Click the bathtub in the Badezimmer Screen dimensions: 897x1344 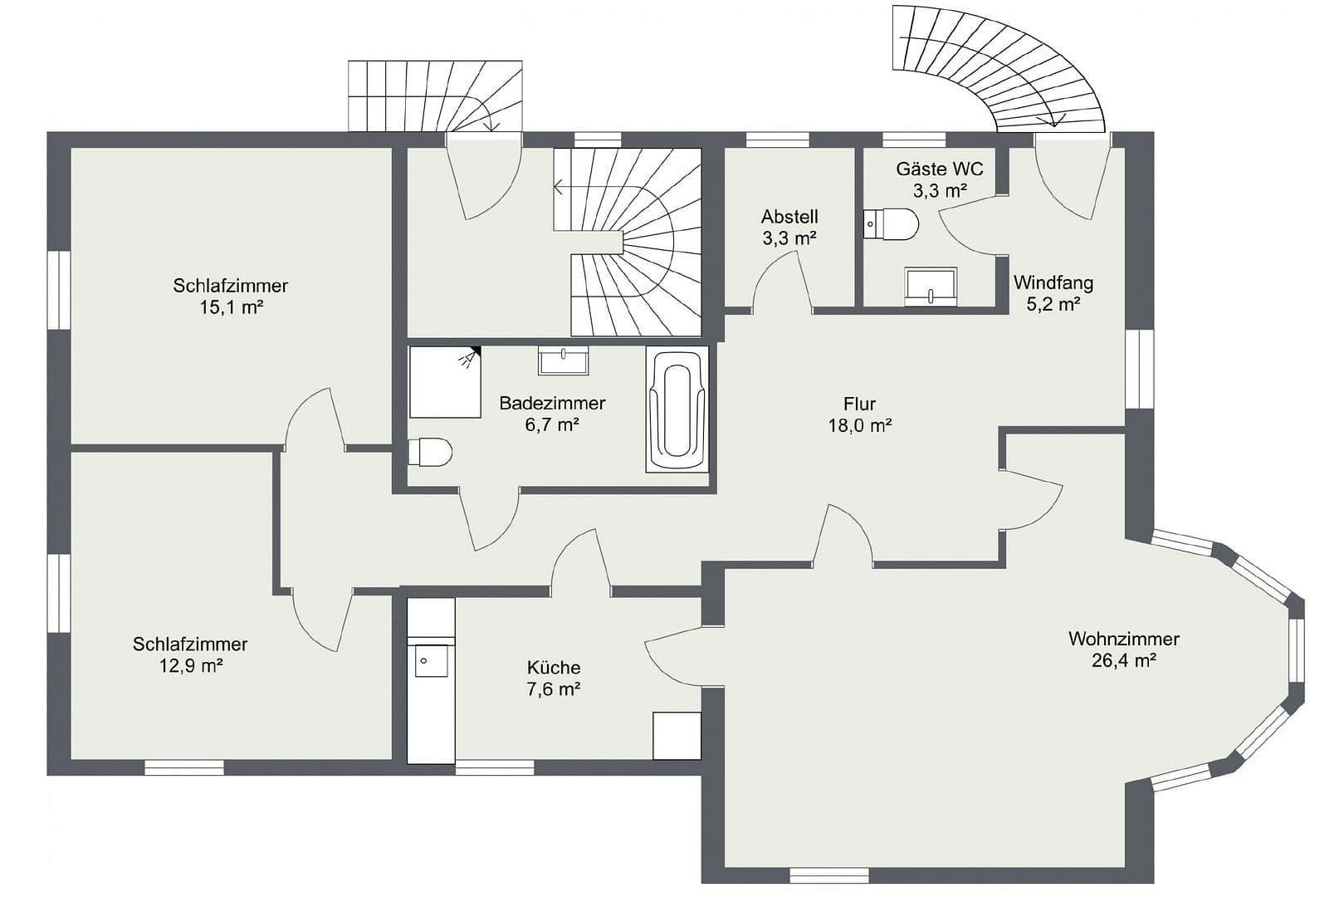[x=677, y=409]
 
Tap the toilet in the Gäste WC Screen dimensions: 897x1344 [x=892, y=223]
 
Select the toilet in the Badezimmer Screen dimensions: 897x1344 [x=430, y=453]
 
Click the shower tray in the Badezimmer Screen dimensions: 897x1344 [x=445, y=382]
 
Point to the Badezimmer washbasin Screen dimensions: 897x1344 [x=564, y=361]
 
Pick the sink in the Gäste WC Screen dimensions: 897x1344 [x=931, y=287]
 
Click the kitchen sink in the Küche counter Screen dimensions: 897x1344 [x=432, y=661]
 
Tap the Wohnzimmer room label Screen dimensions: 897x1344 [x=1123, y=639]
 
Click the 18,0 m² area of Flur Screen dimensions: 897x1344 [x=859, y=426]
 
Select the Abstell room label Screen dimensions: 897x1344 [x=789, y=217]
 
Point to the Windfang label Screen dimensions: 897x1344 [x=1053, y=282]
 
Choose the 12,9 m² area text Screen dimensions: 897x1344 [x=191, y=665]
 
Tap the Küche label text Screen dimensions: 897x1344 [x=554, y=667]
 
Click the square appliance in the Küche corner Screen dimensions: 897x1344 [x=677, y=735]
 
